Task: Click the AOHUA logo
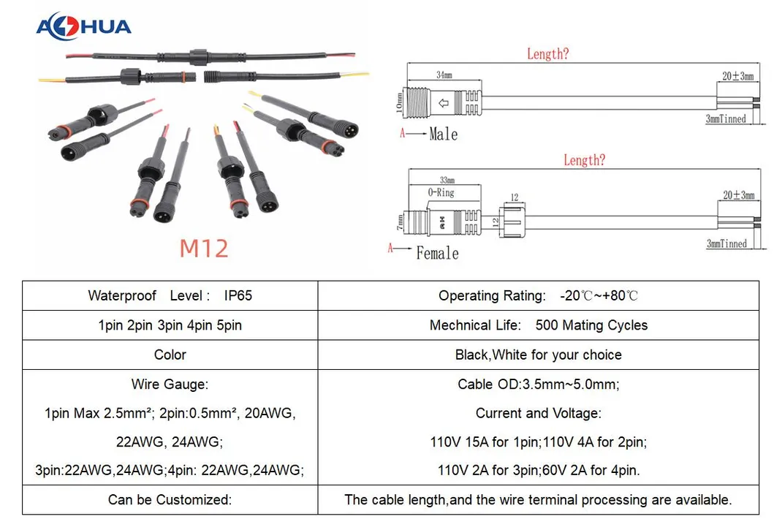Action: [83, 26]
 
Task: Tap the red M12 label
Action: [204, 248]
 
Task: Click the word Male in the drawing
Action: [443, 134]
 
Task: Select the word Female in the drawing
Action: [437, 254]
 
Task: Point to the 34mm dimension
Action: [444, 75]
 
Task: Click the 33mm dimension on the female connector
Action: [447, 181]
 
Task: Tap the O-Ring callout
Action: [441, 192]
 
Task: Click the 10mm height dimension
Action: [399, 103]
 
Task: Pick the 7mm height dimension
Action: [400, 222]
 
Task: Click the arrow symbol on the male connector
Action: [443, 103]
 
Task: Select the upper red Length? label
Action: [548, 54]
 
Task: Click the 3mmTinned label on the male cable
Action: [726, 118]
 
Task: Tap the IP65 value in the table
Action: [238, 295]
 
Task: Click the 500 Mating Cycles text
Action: [591, 325]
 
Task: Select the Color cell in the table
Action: [170, 355]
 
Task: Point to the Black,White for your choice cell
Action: [539, 355]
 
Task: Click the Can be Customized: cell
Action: [170, 500]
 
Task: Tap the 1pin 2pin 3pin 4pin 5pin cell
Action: [170, 325]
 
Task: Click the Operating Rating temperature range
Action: [599, 295]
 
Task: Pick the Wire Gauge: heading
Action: [170, 385]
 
